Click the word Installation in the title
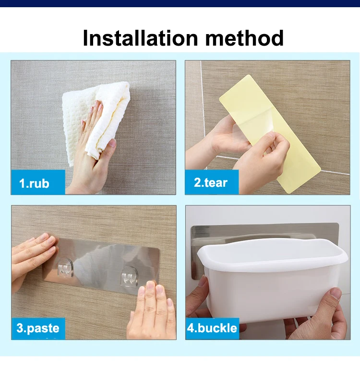pyautogui.click(x=140, y=38)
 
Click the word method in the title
pyautogui.click(x=244, y=38)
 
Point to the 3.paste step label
pyautogui.click(x=38, y=328)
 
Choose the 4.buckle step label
pyautogui.click(x=212, y=328)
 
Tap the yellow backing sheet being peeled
pyautogui.click(x=270, y=133)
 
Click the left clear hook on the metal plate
pyautogui.click(x=65, y=268)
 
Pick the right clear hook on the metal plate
pyautogui.click(x=129, y=277)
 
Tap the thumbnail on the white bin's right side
pyautogui.click(x=336, y=293)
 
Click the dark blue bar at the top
pyautogui.click(x=180, y=3)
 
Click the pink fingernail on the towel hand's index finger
pyautogui.click(x=100, y=106)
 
